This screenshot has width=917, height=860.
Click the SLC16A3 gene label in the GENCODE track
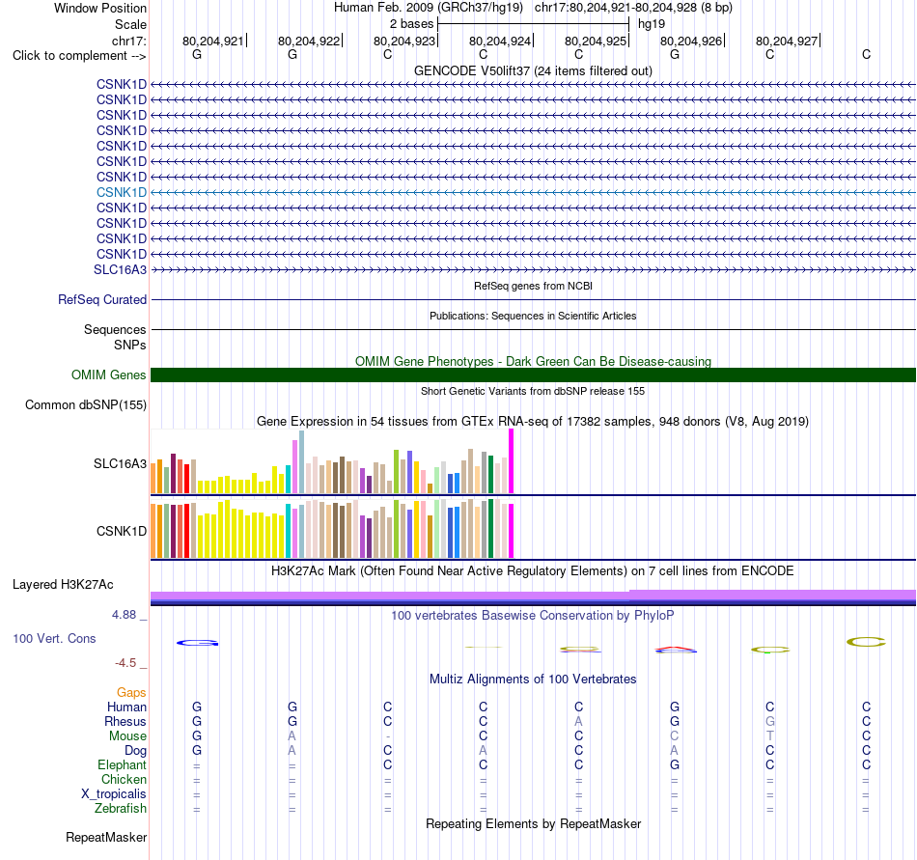click(120, 269)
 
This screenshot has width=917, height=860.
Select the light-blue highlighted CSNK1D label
click(121, 192)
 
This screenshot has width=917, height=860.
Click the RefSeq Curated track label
click(102, 299)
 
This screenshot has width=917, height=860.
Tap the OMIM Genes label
click(109, 375)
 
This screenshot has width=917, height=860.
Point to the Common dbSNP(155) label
click(86, 404)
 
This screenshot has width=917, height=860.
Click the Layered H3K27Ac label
click(63, 584)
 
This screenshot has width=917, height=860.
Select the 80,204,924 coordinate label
click(500, 41)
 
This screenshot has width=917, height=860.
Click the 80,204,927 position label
click(787, 41)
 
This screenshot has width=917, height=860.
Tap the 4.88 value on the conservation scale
click(124, 615)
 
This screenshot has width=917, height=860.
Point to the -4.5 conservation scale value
click(125, 662)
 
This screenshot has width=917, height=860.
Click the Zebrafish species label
click(121, 808)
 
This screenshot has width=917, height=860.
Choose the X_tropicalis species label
click(114, 793)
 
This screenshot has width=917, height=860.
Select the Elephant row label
click(123, 764)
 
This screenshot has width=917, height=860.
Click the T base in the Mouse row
click(770, 735)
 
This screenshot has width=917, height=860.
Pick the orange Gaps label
click(131, 692)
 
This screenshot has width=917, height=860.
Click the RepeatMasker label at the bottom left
click(106, 837)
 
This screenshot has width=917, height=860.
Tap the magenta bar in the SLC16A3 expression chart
click(512, 460)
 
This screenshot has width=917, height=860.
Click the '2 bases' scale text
click(412, 24)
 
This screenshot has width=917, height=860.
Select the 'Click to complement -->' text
click(79, 56)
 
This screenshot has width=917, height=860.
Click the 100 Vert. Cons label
click(54, 638)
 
